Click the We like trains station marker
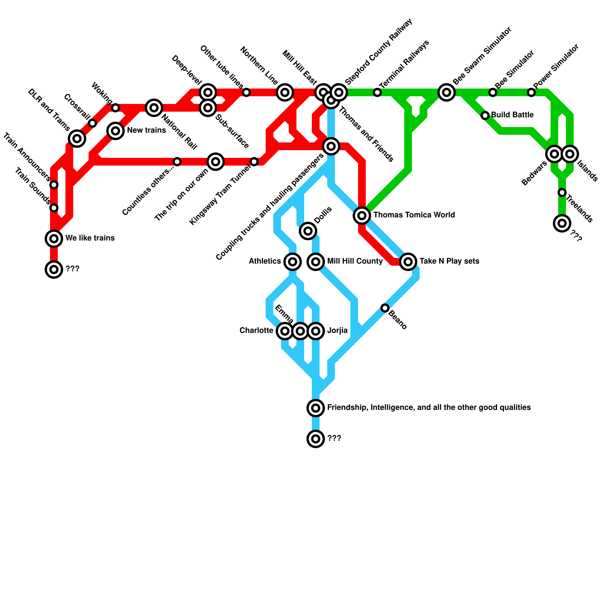pyautogui.click(x=54, y=239)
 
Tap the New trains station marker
pyautogui.click(x=115, y=131)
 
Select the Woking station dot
pyautogui.click(x=115, y=108)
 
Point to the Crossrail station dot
pyautogui.click(x=92, y=123)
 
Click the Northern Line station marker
pyautogui.click(x=285, y=92)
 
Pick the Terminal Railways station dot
pyautogui.click(x=377, y=92)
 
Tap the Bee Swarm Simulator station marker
pyautogui.click(x=447, y=92)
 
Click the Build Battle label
pyautogui.click(x=512, y=115)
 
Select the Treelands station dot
pyautogui.click(x=562, y=192)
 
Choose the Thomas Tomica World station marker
pyautogui.click(x=362, y=216)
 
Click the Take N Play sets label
pyautogui.click(x=449, y=261)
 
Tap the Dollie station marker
pyautogui.click(x=308, y=231)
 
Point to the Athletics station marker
pyautogui.click(x=293, y=262)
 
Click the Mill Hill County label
pyautogui.click(x=355, y=261)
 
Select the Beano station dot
pyautogui.click(x=385, y=308)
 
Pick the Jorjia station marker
pyautogui.click(x=316, y=331)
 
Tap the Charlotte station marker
pyautogui.click(x=285, y=331)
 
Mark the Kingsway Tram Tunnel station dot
pyautogui.click(x=254, y=162)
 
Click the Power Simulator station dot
pyautogui.click(x=531, y=92)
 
